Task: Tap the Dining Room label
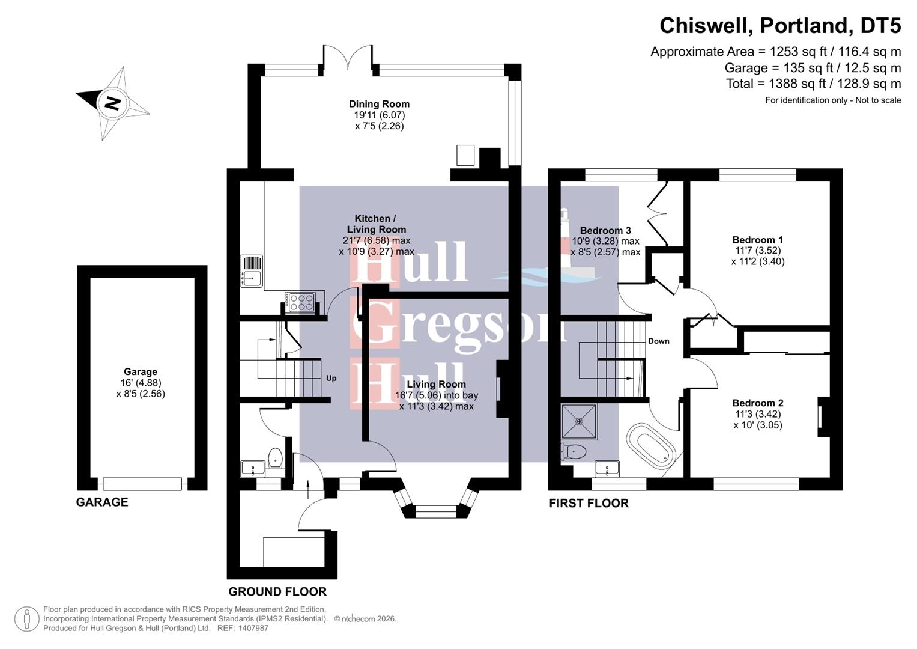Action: (379, 104)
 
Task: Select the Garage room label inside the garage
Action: (141, 372)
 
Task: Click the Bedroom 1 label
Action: (757, 240)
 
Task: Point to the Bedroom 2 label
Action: (757, 403)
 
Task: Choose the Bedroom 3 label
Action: (605, 231)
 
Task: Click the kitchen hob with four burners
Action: (300, 302)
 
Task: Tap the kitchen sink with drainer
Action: (251, 270)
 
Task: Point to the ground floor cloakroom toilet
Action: (275, 458)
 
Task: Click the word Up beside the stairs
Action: (331, 379)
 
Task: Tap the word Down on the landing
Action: (658, 341)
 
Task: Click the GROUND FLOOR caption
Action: (277, 592)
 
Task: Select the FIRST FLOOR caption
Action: (589, 504)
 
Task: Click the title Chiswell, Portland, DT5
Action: (779, 26)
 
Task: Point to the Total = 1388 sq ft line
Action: (813, 84)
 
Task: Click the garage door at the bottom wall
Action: (142, 483)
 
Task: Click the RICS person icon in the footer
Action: (27, 619)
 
